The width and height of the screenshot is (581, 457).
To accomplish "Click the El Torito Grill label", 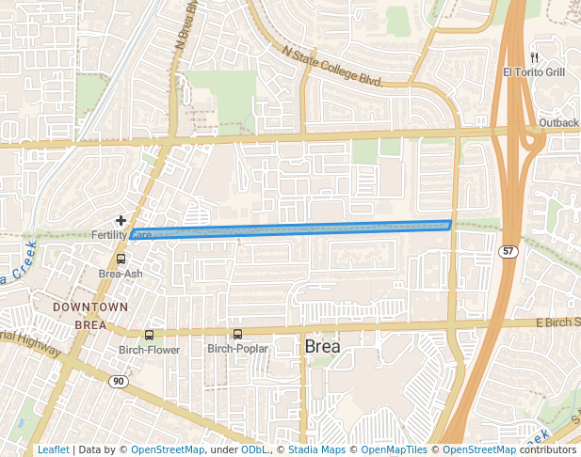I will point(533,72).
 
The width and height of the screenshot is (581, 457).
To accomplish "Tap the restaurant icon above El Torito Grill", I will point(533,57).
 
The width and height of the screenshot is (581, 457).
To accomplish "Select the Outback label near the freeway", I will point(558,123).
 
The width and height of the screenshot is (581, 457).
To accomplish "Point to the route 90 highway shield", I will point(118,381).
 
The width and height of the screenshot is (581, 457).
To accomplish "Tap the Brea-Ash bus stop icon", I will point(121,259).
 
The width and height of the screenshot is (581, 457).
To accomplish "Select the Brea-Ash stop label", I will point(121,274).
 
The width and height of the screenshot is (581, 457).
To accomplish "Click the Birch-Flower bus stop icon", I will point(149,335).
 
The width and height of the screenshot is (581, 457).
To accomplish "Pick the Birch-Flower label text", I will point(149,350).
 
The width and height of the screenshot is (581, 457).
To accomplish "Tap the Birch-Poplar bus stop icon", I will point(237,334).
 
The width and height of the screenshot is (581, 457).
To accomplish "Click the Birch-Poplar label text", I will point(237,349).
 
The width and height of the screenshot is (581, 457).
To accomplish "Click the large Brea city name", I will point(323,347).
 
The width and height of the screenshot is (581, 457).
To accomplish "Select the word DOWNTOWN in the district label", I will point(90,307).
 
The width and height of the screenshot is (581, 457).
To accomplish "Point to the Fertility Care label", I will point(121,233).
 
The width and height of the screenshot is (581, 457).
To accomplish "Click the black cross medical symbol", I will point(121,219).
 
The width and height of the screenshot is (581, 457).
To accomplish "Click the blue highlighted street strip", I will point(292,228).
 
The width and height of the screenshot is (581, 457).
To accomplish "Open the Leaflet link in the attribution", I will point(53,449).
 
